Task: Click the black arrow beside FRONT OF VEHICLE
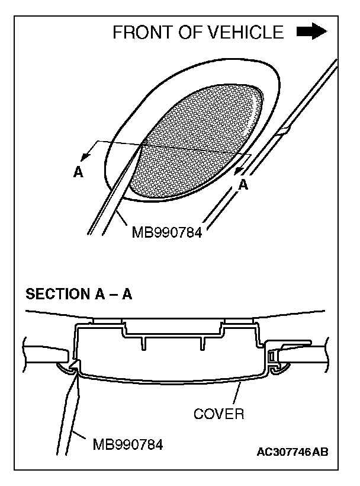312,32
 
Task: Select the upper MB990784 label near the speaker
168,232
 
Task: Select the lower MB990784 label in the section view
128,443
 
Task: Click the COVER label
218,414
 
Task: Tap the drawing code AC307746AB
292,452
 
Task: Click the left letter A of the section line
78,172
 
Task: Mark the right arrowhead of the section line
239,170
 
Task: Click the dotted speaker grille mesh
201,136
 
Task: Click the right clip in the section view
274,357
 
